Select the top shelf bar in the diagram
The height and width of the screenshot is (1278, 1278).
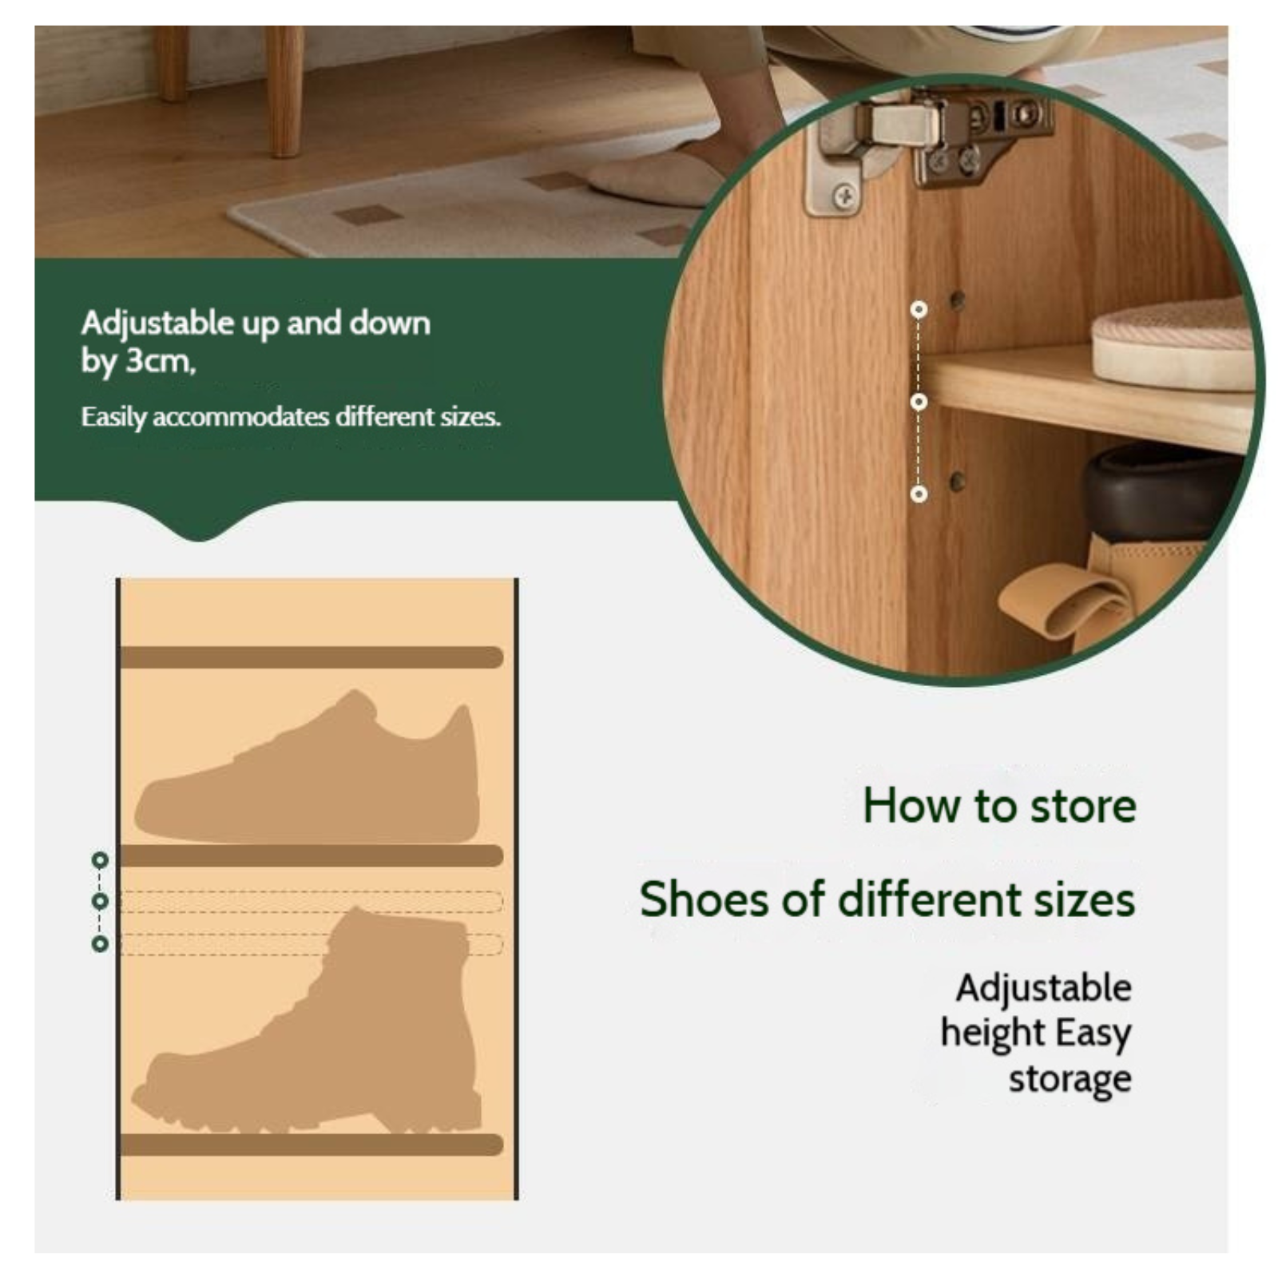(312, 657)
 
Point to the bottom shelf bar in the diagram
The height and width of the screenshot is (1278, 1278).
(312, 1144)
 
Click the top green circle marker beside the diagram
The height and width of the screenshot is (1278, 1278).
(100, 860)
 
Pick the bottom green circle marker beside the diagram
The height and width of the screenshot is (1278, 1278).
(100, 944)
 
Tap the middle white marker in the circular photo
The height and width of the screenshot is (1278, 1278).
(919, 401)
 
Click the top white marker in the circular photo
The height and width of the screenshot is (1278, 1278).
(919, 309)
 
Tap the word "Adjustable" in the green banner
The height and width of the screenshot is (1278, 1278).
(157, 323)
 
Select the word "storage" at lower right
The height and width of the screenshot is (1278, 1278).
(1070, 1079)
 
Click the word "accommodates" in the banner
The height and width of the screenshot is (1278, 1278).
(240, 417)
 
